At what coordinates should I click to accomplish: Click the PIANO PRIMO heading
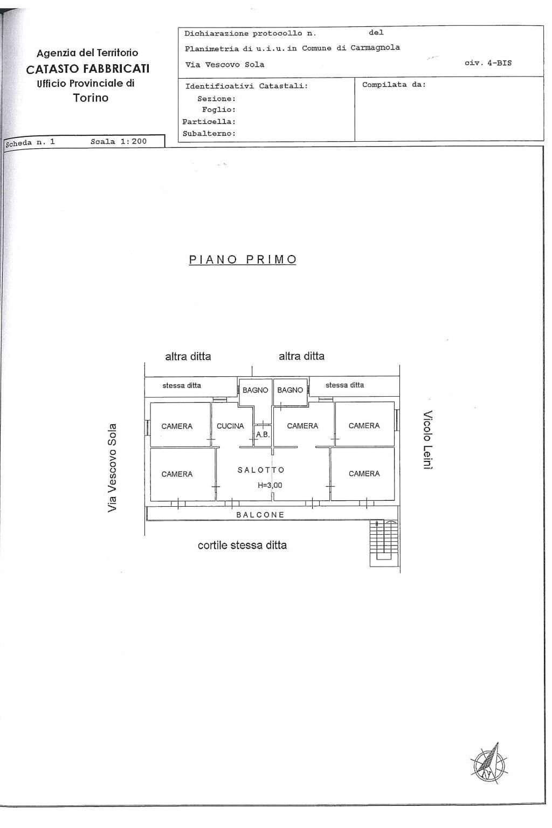click(243, 259)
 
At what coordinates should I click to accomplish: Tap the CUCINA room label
click(230, 426)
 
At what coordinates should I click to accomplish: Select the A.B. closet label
click(263, 434)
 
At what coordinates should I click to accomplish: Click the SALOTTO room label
click(261, 470)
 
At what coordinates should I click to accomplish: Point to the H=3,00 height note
click(270, 485)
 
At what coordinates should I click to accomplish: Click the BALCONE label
click(260, 515)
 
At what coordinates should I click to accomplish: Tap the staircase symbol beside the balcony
click(384, 543)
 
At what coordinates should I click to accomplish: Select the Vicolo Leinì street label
click(428, 439)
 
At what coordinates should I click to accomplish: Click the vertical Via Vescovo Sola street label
click(112, 468)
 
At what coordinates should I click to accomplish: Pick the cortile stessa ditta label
click(242, 545)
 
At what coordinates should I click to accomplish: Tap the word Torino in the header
click(91, 98)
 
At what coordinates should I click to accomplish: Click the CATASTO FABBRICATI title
click(88, 69)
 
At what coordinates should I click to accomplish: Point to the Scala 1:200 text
click(118, 141)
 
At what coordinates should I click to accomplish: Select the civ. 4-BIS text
click(488, 63)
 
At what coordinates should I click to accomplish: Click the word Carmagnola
click(375, 47)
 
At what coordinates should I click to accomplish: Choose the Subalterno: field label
click(209, 134)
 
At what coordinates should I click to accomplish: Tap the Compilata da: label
click(394, 85)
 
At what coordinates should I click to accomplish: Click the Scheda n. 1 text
click(30, 142)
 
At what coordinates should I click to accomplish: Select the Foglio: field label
click(218, 109)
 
